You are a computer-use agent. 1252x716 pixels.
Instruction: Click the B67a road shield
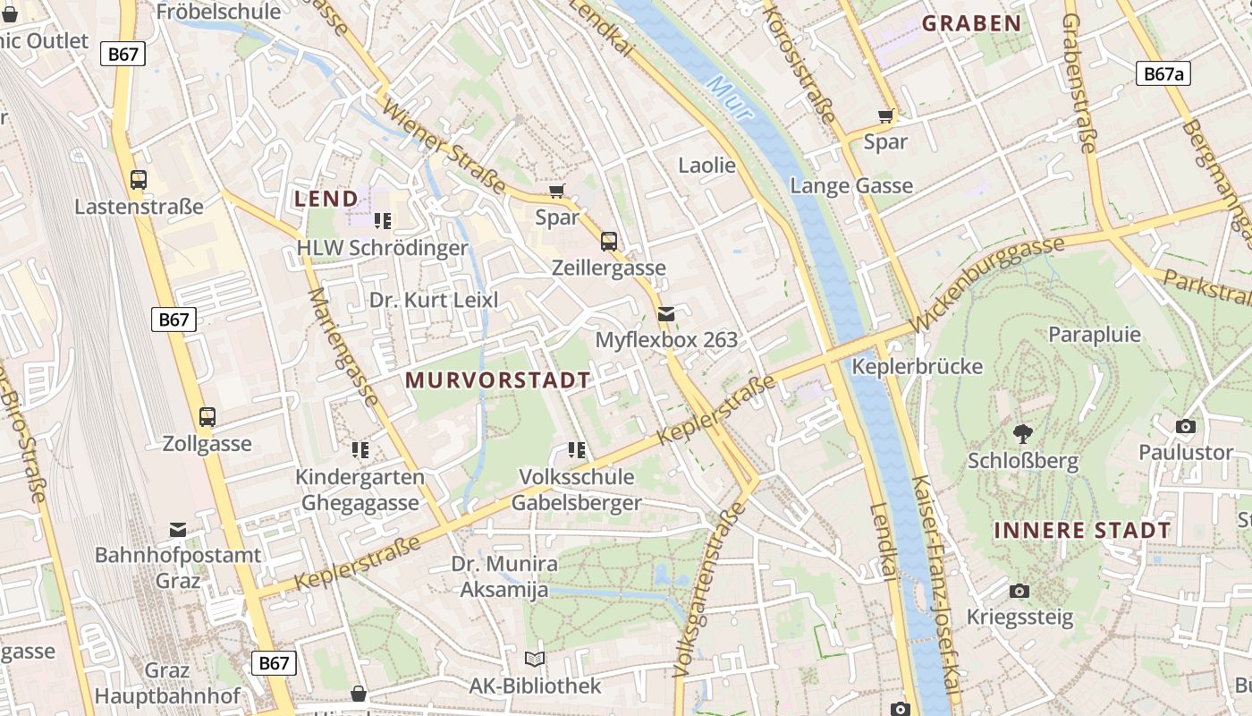point(1163,73)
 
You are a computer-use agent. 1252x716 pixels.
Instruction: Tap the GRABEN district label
point(971,24)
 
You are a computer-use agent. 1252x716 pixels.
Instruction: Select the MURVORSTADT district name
point(498,380)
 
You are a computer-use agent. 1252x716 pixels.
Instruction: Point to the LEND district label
point(326,199)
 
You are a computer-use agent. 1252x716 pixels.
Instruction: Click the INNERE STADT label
point(1082,531)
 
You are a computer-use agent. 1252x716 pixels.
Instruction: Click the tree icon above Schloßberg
point(1022,434)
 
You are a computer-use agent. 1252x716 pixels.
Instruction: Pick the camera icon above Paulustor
point(1186,426)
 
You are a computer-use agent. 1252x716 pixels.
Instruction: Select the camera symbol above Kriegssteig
point(1019,591)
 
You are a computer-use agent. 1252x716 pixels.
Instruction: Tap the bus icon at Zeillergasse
point(609,241)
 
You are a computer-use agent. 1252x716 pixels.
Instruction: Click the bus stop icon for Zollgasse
point(207,416)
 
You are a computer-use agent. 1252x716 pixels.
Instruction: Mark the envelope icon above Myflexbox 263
point(666,313)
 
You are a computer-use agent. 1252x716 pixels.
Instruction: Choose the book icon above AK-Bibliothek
point(535,660)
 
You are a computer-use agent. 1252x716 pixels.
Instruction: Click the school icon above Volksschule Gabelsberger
point(577,449)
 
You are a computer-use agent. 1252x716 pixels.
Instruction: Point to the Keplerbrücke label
point(917,367)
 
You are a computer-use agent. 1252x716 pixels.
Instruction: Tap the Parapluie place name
point(1095,335)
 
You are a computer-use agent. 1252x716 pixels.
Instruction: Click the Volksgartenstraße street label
point(709,589)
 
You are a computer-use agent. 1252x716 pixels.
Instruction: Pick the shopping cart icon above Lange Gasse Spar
point(886,115)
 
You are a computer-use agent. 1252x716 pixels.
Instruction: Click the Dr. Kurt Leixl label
point(434,300)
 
